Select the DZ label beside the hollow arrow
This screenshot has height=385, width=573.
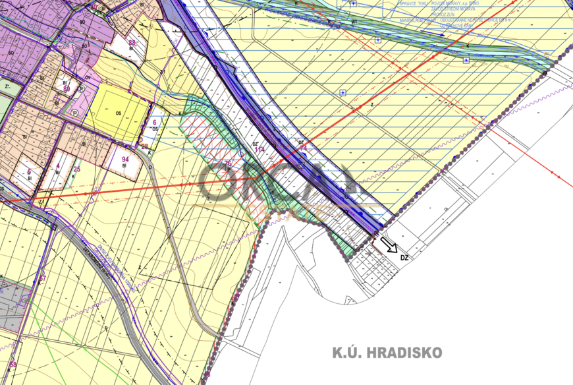pos(404,258)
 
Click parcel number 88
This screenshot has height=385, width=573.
pos(132,43)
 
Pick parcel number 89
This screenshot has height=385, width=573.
pos(67,87)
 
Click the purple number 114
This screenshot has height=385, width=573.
pos(259,150)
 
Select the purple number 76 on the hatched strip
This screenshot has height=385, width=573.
pos(227,163)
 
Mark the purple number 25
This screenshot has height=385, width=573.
pos(77,169)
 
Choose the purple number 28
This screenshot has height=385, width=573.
pos(144,146)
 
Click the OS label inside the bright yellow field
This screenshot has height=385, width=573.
pos(119,113)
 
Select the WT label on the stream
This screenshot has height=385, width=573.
pos(354,22)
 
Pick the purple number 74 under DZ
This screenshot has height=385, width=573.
pos(304,149)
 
